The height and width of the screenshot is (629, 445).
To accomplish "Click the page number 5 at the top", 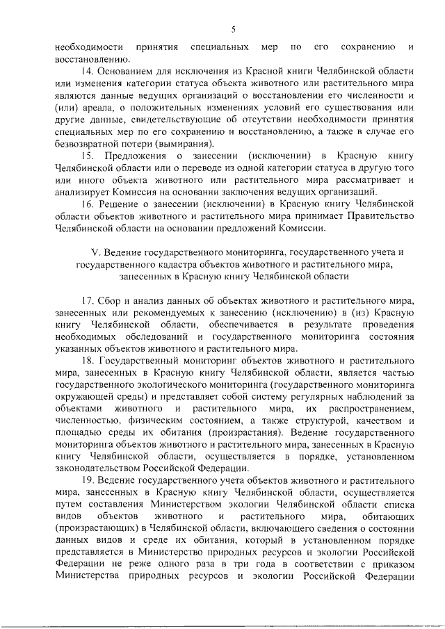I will pyautogui.click(x=234, y=28).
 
